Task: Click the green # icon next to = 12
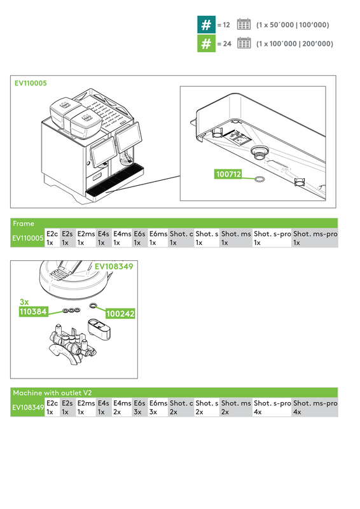coord(206,25)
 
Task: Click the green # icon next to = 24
coord(206,44)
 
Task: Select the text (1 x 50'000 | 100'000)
coord(292,25)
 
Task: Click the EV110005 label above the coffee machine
coord(31,83)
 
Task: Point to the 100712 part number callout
coord(229,173)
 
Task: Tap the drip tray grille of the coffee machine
coord(114,181)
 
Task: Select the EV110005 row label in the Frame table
coord(28,239)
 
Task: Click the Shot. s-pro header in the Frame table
coord(272,234)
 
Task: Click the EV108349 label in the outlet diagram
coord(114,267)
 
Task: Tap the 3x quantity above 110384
coord(24,302)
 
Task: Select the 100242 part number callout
coord(120,314)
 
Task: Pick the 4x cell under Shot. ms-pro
coord(297,412)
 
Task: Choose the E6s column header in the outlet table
coord(139,404)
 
